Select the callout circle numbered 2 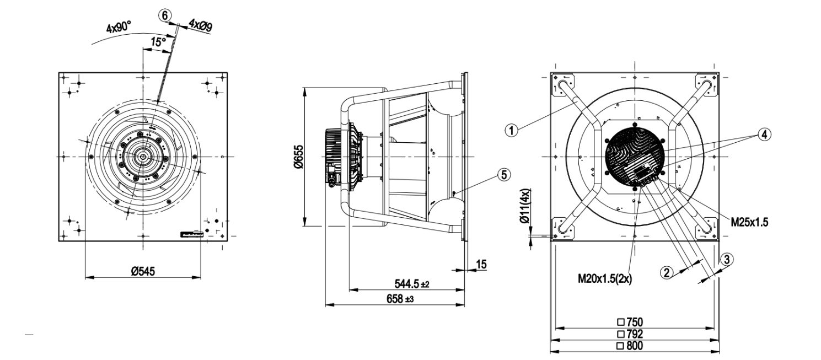click(667, 272)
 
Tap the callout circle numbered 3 click(727, 259)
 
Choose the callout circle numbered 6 click(164, 15)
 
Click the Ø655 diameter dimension click(297, 157)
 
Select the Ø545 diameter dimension click(143, 271)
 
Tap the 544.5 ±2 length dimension click(411, 284)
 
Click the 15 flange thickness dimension click(481, 265)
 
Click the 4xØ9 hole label click(201, 25)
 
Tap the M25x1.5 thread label click(749, 222)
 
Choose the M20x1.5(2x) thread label click(604, 279)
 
